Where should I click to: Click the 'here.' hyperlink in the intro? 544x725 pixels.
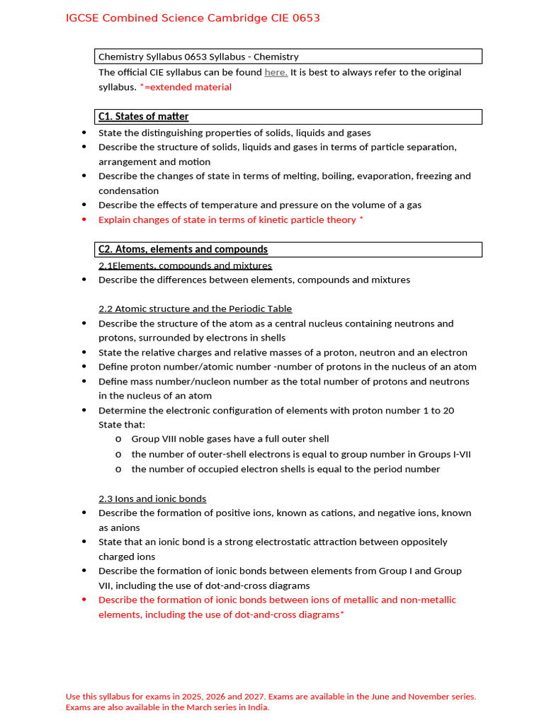[276, 72]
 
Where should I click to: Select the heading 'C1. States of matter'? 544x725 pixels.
[143, 116]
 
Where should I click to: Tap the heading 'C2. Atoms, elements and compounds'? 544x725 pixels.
[183, 249]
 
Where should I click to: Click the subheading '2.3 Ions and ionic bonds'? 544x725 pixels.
[152, 498]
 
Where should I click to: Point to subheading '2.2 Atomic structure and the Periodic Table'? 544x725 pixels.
[195, 309]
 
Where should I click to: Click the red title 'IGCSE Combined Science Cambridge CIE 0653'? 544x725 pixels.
[193, 18]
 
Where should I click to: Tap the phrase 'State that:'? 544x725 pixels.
[122, 425]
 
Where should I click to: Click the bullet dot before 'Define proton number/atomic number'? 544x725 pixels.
[84, 367]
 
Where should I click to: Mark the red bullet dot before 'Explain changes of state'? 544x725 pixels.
[84, 219]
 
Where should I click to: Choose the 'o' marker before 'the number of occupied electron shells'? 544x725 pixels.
[118, 469]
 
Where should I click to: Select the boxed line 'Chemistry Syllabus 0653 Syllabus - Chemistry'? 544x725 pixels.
[198, 57]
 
